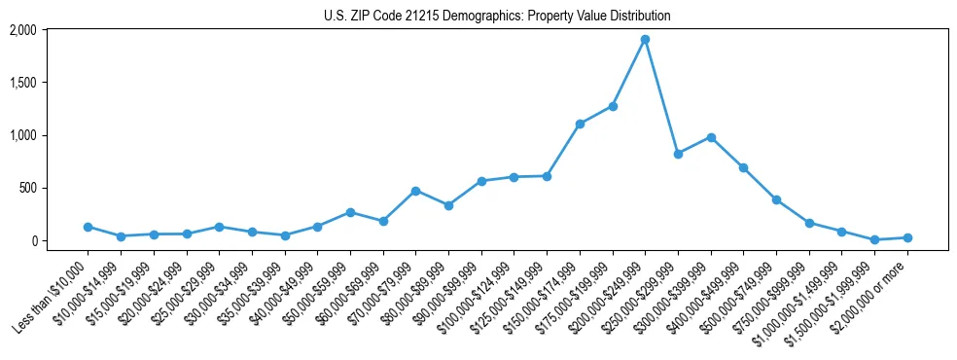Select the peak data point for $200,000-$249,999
pyautogui.click(x=645, y=40)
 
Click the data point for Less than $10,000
pyautogui.click(x=88, y=227)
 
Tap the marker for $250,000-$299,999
pyautogui.click(x=678, y=154)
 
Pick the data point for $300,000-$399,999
pyautogui.click(x=711, y=137)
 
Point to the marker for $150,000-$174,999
pyautogui.click(x=580, y=124)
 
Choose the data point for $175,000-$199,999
pyautogui.click(x=613, y=106)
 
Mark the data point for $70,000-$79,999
pyautogui.click(x=415, y=191)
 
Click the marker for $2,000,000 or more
pyautogui.click(x=907, y=237)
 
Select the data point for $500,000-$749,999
pyautogui.click(x=776, y=199)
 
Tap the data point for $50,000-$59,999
pyautogui.click(x=350, y=212)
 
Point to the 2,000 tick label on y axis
pyautogui.click(x=23, y=30)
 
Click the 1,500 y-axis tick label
pyautogui.click(x=23, y=83)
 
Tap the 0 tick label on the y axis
pyautogui.click(x=33, y=240)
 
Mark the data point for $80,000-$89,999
pyautogui.click(x=448, y=205)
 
